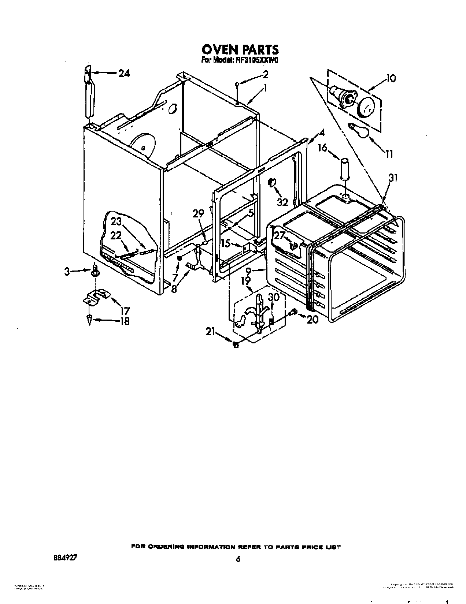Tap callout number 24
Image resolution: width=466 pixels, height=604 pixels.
[x=124, y=73]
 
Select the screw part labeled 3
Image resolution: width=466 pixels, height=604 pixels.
[x=95, y=271]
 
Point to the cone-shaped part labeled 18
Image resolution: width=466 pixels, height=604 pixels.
[x=89, y=319]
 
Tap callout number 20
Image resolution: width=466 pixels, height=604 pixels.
[x=312, y=319]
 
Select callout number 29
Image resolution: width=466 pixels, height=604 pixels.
[x=198, y=214]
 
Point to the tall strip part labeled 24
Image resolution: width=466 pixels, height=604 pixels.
[x=88, y=93]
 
